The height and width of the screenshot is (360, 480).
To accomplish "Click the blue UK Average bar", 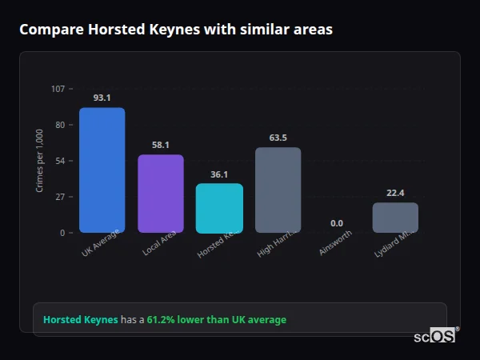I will pos(102,170).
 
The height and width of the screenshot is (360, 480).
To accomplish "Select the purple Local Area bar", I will pos(160,194).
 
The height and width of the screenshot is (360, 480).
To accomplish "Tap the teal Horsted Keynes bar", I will pos(219,208).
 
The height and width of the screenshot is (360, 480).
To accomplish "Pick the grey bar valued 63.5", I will pos(278,190).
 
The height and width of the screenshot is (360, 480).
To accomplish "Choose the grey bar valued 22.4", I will pos(395,218).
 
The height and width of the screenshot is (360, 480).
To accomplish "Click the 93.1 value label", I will pos(102,98).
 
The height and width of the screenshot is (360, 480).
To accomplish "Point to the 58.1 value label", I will pos(160,145).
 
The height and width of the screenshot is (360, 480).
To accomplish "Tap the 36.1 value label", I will pos(219,174).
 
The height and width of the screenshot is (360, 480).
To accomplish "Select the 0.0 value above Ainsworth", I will pos(337,223).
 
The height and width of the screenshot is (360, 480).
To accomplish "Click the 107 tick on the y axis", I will pos(58,89).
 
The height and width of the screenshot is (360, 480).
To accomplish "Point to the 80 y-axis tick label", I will pos(60,125).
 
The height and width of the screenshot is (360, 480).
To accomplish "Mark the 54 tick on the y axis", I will pos(60,161).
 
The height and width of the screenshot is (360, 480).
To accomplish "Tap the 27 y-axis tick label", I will pos(60,197).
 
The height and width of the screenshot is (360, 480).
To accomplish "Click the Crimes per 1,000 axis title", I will pos(40,161).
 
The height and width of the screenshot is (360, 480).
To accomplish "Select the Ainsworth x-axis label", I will pos(334,243).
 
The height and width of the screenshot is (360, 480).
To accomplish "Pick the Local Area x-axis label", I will pos(159,243).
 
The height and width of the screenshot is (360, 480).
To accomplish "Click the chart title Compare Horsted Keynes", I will pos(176,30).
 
